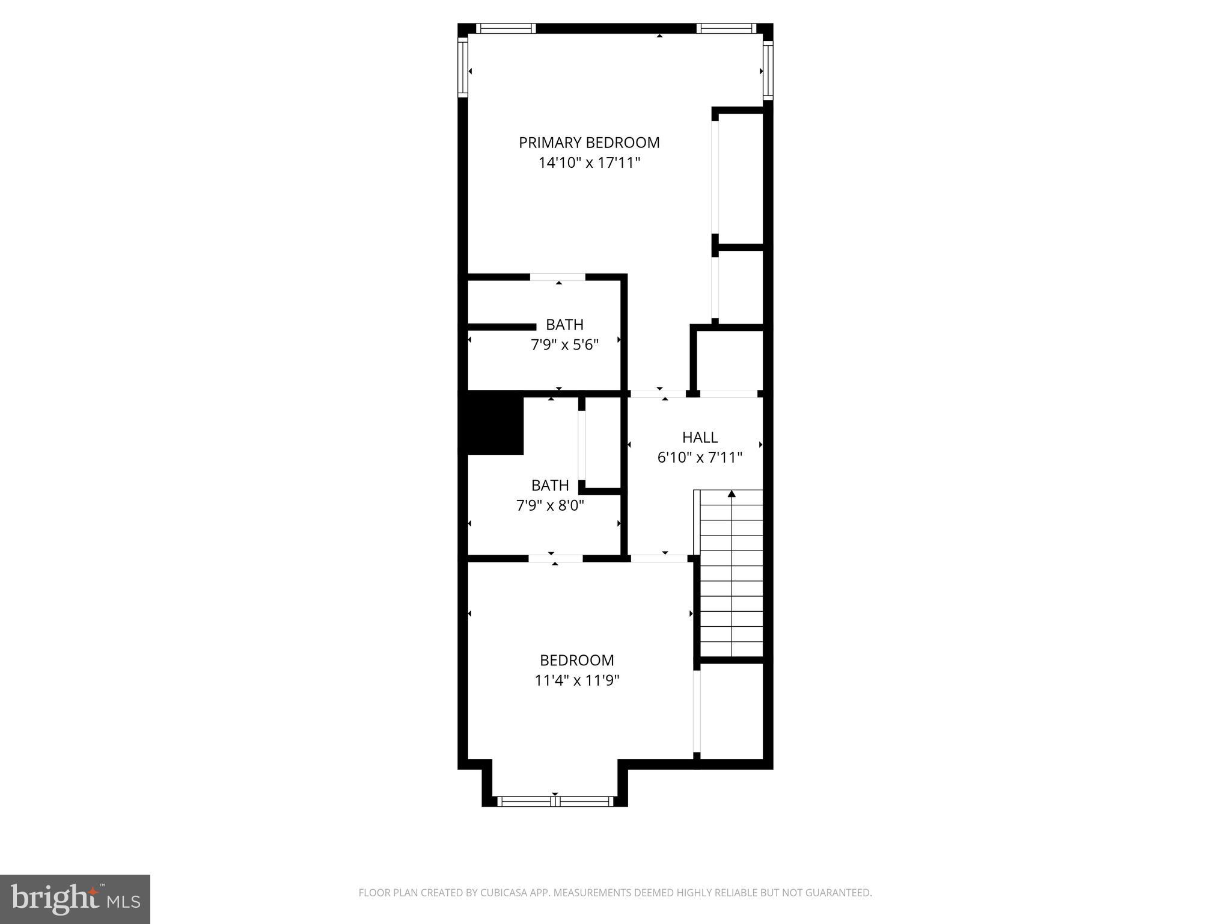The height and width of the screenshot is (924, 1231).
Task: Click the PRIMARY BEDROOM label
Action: click(x=589, y=143)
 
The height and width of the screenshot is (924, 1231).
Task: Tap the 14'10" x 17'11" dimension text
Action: click(x=589, y=162)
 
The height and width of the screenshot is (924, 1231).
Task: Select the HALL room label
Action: click(x=700, y=437)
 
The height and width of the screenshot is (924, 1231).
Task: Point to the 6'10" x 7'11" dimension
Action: click(x=700, y=458)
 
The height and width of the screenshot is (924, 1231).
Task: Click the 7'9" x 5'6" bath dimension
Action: click(x=564, y=345)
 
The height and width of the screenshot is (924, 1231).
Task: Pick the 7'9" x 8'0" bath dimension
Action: click(x=550, y=505)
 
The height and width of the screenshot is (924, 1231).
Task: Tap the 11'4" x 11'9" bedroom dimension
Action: click(x=576, y=680)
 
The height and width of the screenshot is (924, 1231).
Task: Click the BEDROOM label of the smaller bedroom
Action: click(x=576, y=661)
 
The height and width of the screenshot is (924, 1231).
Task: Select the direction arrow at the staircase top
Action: click(x=732, y=494)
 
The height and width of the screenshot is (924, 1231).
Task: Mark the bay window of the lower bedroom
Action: click(x=555, y=801)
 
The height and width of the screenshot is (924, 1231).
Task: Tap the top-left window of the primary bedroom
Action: click(x=506, y=28)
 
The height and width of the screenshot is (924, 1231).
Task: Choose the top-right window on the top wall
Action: click(x=726, y=28)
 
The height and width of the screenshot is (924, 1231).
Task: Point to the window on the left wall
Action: click(x=463, y=67)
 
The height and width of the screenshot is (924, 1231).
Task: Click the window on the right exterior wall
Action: click(x=768, y=70)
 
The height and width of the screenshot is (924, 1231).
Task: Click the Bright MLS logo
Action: click(x=75, y=899)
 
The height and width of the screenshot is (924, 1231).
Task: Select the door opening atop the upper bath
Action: click(x=558, y=277)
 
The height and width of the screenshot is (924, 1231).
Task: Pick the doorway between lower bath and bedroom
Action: click(x=555, y=558)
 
